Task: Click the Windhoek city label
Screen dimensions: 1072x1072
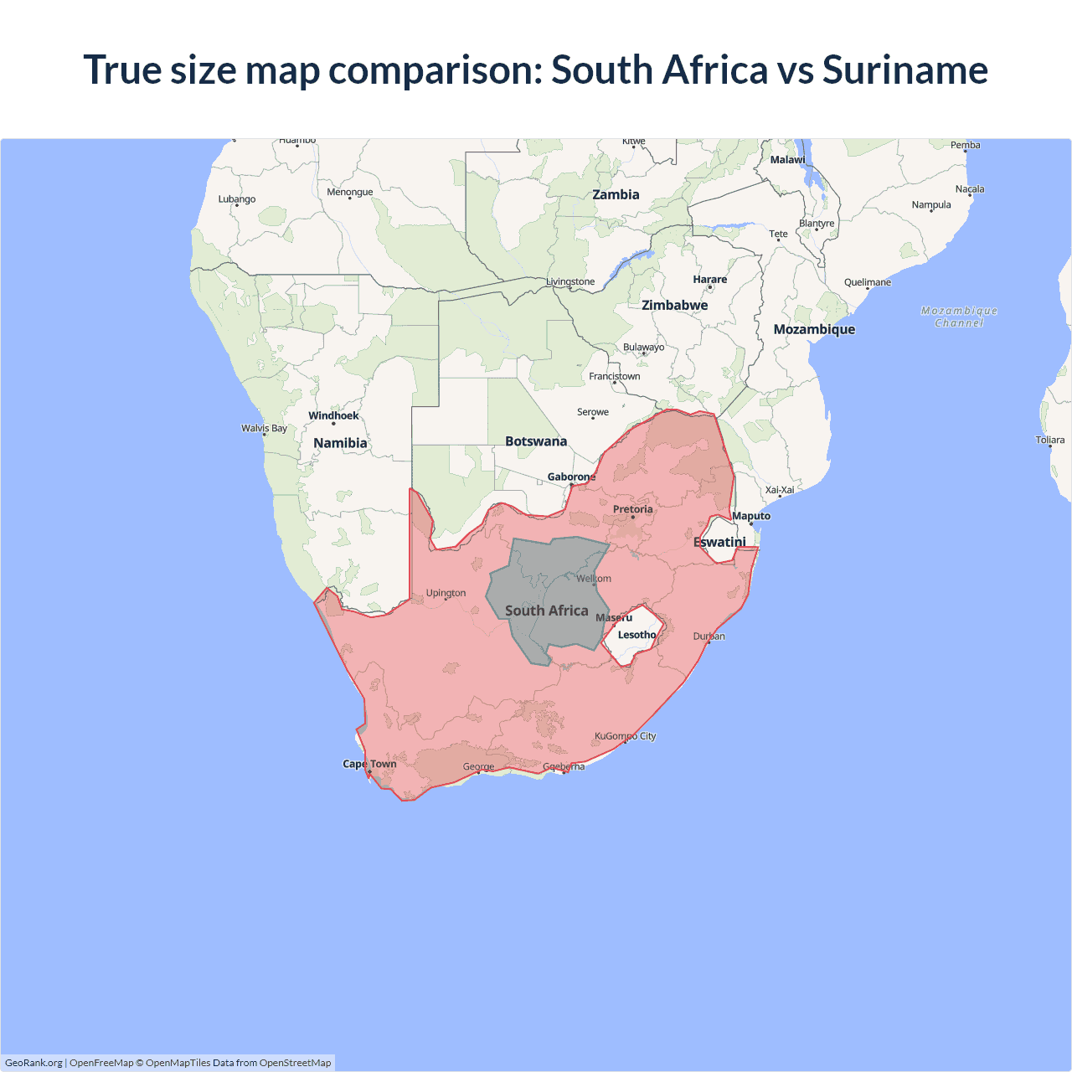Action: [333, 415]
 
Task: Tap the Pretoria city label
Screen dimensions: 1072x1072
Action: [632, 509]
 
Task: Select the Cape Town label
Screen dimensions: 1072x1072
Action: [369, 764]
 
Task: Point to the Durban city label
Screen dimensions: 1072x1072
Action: [709, 636]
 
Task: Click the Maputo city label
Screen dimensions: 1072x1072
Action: [750, 516]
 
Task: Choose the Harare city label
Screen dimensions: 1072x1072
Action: [709, 280]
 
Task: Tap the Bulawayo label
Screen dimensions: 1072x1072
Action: [643, 348]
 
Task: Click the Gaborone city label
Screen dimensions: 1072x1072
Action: [571, 477]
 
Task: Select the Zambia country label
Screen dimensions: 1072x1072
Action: [616, 195]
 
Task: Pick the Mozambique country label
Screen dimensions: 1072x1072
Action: [814, 330]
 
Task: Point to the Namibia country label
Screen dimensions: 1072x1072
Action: [340, 443]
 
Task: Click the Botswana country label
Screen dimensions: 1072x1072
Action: [536, 441]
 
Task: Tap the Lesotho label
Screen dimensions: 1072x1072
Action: [636, 635]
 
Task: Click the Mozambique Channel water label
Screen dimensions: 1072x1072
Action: [959, 317]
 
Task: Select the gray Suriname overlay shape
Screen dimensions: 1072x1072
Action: [544, 586]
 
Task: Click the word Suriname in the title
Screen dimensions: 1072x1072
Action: [904, 70]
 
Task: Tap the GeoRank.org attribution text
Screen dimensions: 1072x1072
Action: [33, 1063]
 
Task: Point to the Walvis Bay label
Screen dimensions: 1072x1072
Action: [264, 429]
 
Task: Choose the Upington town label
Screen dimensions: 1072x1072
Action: [446, 593]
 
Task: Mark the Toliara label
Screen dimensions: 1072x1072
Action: [1049, 441]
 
